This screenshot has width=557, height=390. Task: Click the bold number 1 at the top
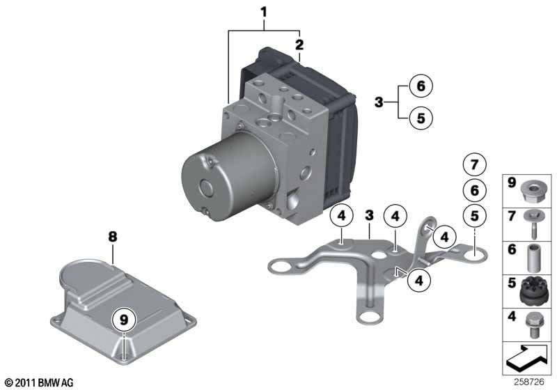tap(264, 11)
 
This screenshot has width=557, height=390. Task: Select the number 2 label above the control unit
tap(299, 45)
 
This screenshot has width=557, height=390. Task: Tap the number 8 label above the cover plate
tap(112, 237)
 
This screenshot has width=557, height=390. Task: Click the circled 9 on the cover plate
tap(123, 320)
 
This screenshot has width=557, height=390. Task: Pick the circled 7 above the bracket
tap(473, 165)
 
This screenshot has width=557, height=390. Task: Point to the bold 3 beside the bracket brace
tap(379, 102)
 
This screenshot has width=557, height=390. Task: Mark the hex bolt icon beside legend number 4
tap(534, 323)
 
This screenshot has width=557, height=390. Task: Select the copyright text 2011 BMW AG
tap(38, 382)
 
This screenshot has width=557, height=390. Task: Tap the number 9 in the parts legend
tap(512, 185)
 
